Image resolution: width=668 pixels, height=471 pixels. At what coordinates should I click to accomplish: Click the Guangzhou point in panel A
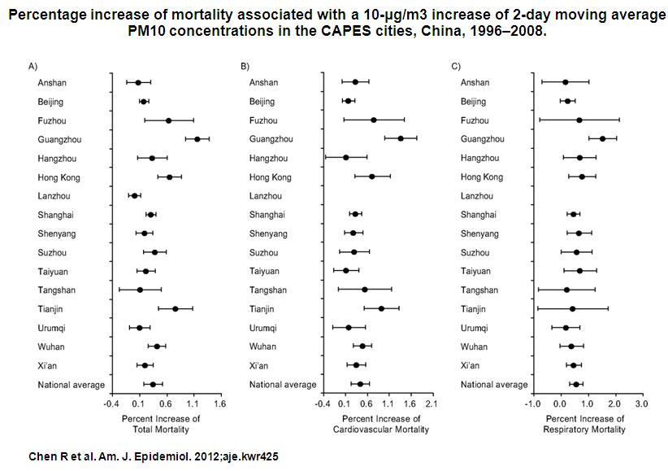[x=197, y=139]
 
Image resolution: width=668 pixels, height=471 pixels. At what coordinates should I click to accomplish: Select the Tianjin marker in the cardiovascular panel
[x=381, y=308]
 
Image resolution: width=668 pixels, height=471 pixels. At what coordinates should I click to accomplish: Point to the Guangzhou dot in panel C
[x=602, y=139]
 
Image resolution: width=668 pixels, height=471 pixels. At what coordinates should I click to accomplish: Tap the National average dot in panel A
[x=153, y=384]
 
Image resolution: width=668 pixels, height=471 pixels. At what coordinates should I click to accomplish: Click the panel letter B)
[x=245, y=65]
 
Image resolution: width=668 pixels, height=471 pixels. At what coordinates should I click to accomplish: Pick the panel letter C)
[x=455, y=65]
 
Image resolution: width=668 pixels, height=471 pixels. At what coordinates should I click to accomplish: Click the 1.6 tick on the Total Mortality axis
[x=219, y=402]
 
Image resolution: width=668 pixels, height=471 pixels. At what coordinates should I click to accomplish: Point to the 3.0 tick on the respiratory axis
[x=641, y=402]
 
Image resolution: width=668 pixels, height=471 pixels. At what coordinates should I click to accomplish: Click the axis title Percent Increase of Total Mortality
[x=160, y=424]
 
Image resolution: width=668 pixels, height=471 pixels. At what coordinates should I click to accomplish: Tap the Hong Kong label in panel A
[x=58, y=177]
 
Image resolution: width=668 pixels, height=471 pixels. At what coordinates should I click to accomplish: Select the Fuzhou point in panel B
[x=374, y=120]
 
